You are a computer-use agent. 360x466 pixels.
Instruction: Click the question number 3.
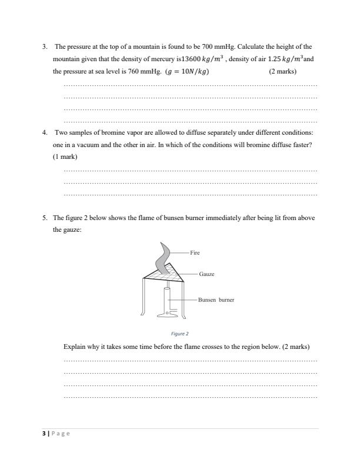(x=45, y=46)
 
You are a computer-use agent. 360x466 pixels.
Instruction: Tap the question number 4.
(x=45, y=132)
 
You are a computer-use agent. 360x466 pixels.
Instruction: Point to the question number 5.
(x=45, y=218)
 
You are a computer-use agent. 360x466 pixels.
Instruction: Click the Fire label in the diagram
(x=195, y=252)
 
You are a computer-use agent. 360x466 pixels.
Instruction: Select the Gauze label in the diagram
(x=206, y=274)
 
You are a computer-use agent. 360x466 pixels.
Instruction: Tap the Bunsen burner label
(x=216, y=299)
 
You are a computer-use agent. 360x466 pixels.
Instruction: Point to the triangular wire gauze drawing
(x=163, y=275)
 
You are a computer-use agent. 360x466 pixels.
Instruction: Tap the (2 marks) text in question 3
(x=282, y=72)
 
